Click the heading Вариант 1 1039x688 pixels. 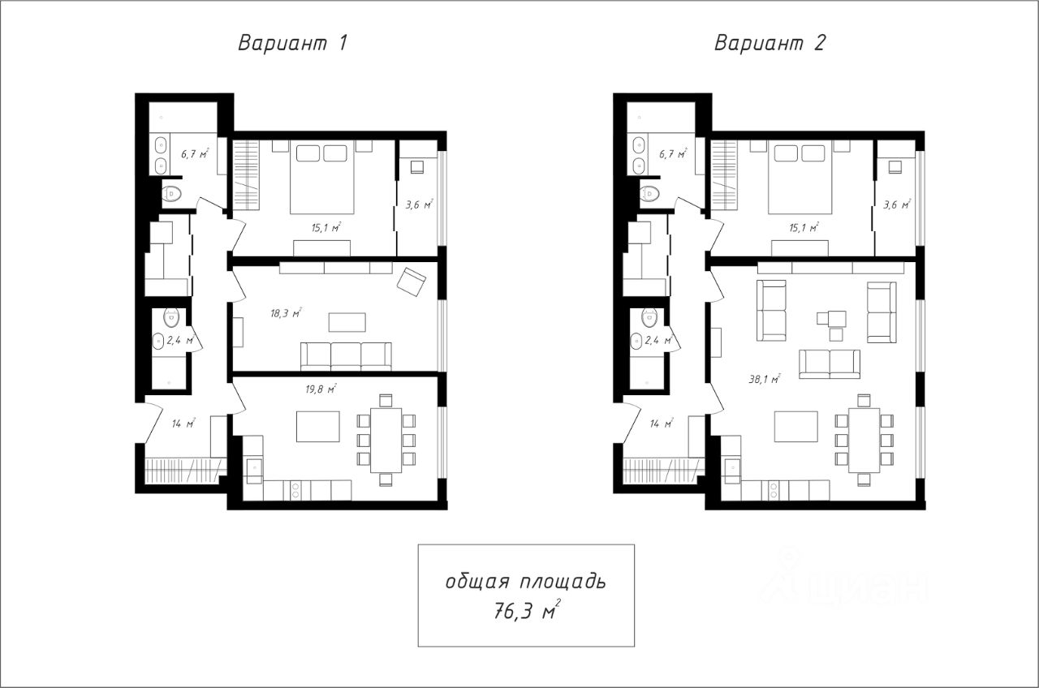(x=293, y=43)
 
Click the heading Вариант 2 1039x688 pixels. (x=770, y=43)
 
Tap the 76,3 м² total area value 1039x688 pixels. (x=527, y=610)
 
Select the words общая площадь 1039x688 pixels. (x=526, y=582)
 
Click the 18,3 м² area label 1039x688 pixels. (x=287, y=313)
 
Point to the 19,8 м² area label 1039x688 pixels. (x=321, y=389)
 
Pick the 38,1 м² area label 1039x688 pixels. (x=765, y=379)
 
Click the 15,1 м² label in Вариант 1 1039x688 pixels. (x=326, y=227)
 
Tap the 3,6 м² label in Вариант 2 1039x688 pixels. (x=897, y=204)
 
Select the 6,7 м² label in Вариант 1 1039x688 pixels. (x=195, y=153)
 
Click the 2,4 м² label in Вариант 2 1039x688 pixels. (x=658, y=340)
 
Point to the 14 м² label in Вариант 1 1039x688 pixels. (x=183, y=423)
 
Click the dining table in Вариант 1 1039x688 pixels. (x=386, y=440)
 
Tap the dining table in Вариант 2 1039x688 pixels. (x=864, y=440)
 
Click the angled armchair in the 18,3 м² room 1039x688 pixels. (x=412, y=282)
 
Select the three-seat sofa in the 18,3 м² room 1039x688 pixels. (x=346, y=356)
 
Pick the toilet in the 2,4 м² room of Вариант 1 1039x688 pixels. (x=171, y=317)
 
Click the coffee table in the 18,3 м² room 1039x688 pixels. (x=347, y=322)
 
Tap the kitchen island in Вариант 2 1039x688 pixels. (x=796, y=427)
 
